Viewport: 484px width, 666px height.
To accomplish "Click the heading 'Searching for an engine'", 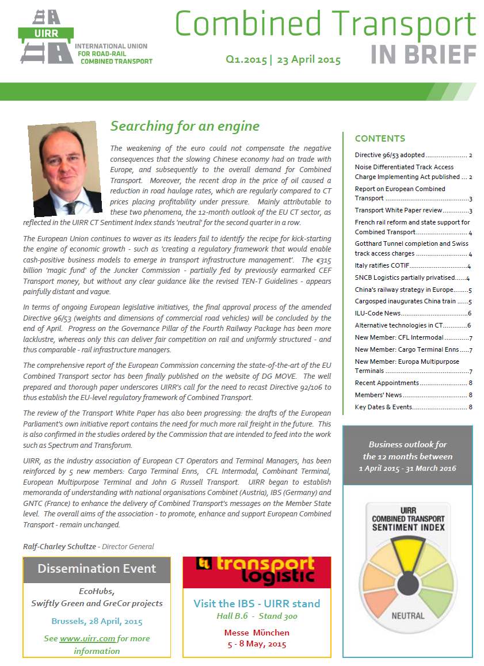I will pyautogui.click(x=185, y=126).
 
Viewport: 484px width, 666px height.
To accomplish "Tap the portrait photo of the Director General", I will pyautogui.click(x=62, y=168).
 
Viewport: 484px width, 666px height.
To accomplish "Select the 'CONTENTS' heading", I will pyautogui.click(x=380, y=139).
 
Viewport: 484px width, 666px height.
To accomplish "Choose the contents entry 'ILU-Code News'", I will pyautogui.click(x=378, y=314).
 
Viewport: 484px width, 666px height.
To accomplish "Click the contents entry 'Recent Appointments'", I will pyautogui.click(x=387, y=383).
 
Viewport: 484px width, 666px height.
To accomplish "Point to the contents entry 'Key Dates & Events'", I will pyautogui.click(x=383, y=407).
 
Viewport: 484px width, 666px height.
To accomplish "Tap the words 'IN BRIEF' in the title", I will pyautogui.click(x=424, y=55).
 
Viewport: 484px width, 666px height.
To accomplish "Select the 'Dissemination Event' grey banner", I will pyautogui.click(x=97, y=569).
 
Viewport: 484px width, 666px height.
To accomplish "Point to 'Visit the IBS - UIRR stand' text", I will pyautogui.click(x=257, y=603).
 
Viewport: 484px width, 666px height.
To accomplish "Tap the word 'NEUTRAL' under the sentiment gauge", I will pyautogui.click(x=407, y=616).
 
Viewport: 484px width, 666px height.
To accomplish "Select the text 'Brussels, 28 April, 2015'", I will pyautogui.click(x=97, y=621).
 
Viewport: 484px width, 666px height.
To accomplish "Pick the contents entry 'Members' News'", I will pyautogui.click(x=379, y=395).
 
